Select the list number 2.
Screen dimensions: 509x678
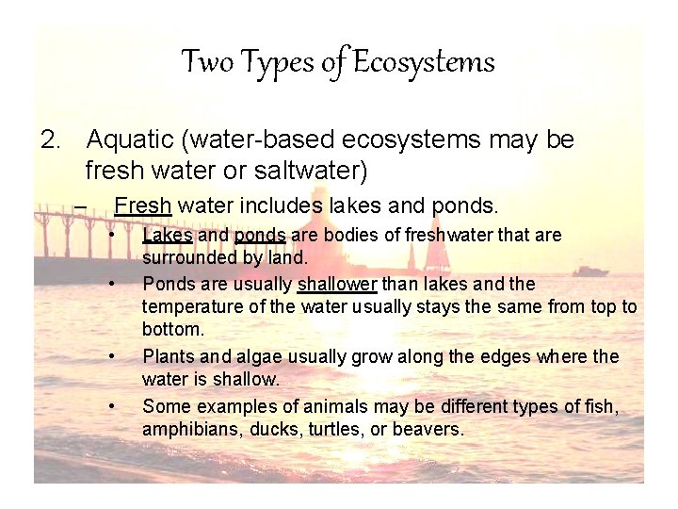(x=51, y=140)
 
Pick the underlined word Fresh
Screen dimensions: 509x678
(x=142, y=205)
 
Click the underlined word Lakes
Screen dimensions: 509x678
(x=168, y=235)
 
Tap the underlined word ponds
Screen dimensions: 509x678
(x=260, y=235)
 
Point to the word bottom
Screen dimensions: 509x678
(x=172, y=330)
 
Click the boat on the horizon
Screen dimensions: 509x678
(x=590, y=271)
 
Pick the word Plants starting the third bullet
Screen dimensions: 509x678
(x=167, y=356)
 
